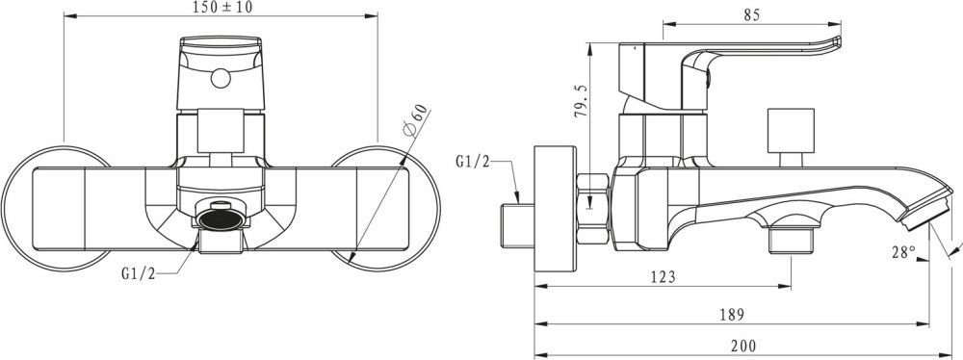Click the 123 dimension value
pos(662,277)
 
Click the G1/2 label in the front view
pos(138,273)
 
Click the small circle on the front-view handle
pos(220,82)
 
